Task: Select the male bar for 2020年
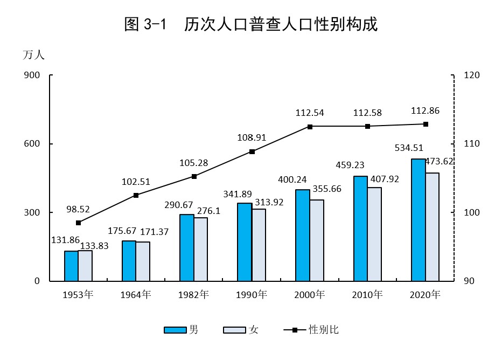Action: [418, 220]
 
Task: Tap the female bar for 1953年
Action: [85, 266]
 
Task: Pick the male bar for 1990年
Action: [245, 242]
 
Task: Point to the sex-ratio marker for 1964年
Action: [136, 195]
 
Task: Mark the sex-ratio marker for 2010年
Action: [367, 126]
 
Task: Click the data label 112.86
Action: [425, 111]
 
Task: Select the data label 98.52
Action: [78, 208]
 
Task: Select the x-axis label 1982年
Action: [194, 295]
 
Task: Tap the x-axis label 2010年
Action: [367, 295]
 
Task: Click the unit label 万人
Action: [33, 54]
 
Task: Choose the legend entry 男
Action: [181, 330]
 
